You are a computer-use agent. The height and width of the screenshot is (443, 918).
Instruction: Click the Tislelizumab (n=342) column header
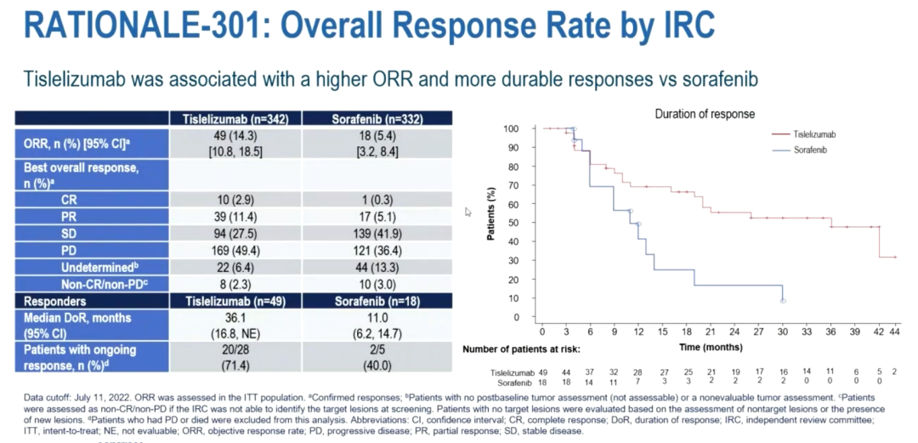tap(235, 117)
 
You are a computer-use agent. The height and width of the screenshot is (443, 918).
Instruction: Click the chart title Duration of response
tap(704, 113)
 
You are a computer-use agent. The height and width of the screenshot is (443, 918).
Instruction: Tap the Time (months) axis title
tap(712, 348)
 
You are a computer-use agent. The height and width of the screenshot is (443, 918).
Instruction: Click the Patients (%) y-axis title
tap(490, 223)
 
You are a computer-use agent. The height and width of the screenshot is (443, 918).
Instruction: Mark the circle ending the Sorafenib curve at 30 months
tap(783, 301)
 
